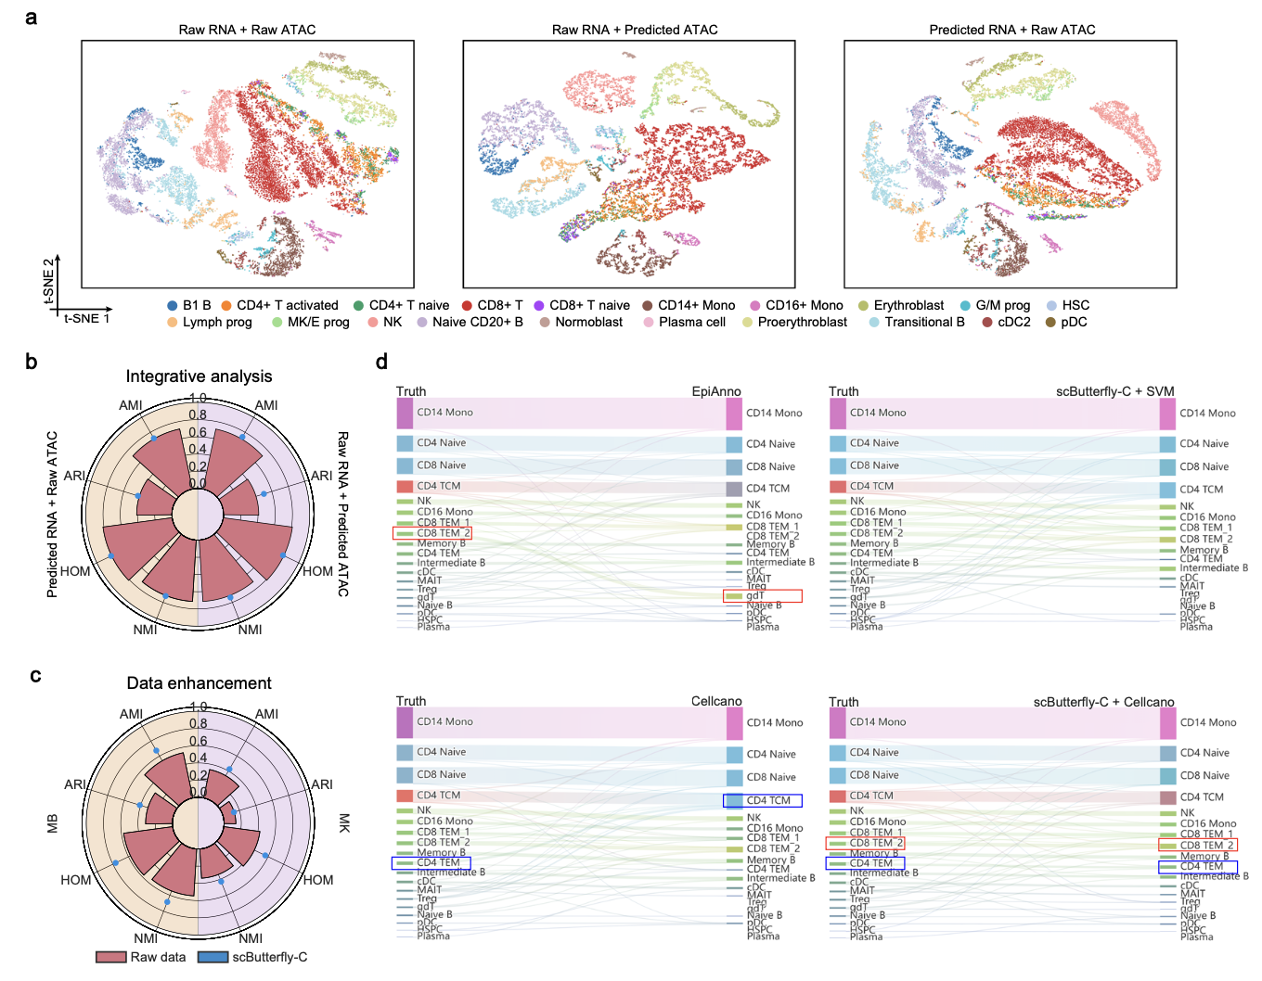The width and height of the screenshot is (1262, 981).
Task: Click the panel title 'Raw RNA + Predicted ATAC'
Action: pyautogui.click(x=635, y=30)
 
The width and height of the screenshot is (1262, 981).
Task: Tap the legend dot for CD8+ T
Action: pyautogui.click(x=468, y=305)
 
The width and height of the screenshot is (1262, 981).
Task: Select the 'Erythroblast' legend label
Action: pyautogui.click(x=908, y=305)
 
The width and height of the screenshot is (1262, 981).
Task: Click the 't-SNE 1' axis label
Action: pyautogui.click(x=86, y=318)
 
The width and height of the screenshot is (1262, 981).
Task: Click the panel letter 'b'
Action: pyautogui.click(x=32, y=362)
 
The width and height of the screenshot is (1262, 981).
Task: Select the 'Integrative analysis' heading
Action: pyautogui.click(x=199, y=376)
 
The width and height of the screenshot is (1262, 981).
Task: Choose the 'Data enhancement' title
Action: pyautogui.click(x=199, y=682)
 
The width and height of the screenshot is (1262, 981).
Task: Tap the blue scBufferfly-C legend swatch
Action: pyautogui.click(x=212, y=957)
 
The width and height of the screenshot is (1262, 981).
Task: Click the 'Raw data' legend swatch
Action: pyautogui.click(x=111, y=957)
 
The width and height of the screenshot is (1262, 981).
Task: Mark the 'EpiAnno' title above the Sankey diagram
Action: pyautogui.click(x=716, y=391)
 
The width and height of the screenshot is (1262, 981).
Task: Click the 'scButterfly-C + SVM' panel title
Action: pyautogui.click(x=1114, y=391)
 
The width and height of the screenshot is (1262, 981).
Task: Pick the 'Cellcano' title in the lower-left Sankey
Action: pyautogui.click(x=716, y=701)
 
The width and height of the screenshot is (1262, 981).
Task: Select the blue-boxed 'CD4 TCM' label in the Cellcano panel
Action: pyautogui.click(x=763, y=800)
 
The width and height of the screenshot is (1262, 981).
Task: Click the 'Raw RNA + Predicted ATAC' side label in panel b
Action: pyautogui.click(x=342, y=513)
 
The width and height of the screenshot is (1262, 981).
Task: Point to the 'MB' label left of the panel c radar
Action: pyautogui.click(x=53, y=823)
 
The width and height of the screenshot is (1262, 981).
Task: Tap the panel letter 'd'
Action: pyautogui.click(x=381, y=362)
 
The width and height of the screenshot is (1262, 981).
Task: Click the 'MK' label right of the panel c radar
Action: pyautogui.click(x=344, y=823)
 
